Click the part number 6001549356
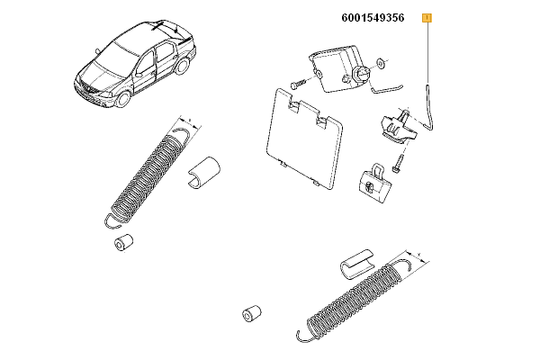[373, 18]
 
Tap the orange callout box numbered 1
[427, 18]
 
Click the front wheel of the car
[123, 99]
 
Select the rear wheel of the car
[182, 66]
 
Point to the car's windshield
[114, 62]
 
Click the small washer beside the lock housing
[382, 63]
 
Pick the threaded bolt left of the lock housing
[299, 84]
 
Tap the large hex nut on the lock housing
[361, 74]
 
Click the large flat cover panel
[304, 139]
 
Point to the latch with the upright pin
[400, 126]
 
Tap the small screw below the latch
[399, 163]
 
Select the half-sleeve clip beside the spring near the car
[204, 173]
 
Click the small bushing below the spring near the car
[123, 242]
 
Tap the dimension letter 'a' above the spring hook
[190, 121]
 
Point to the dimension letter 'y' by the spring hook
[419, 255]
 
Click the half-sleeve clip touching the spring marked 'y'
[357, 263]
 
